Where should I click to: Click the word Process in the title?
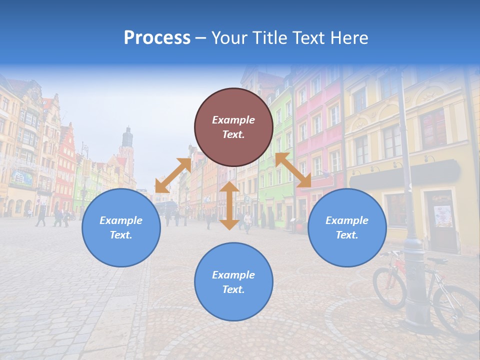click(x=157, y=38)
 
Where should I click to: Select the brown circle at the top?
click(x=233, y=127)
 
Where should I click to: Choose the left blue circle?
click(x=121, y=227)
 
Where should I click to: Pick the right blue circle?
click(x=347, y=227)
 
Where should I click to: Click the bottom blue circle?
click(x=233, y=281)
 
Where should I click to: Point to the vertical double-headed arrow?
click(x=229, y=205)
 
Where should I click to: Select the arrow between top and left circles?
click(x=172, y=175)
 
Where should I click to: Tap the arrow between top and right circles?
click(x=293, y=170)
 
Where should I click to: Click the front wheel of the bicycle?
click(x=389, y=287)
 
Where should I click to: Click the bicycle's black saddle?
click(x=437, y=260)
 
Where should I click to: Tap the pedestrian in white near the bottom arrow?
click(x=247, y=221)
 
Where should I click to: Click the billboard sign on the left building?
click(x=21, y=177)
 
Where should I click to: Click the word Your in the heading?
click(x=229, y=38)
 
